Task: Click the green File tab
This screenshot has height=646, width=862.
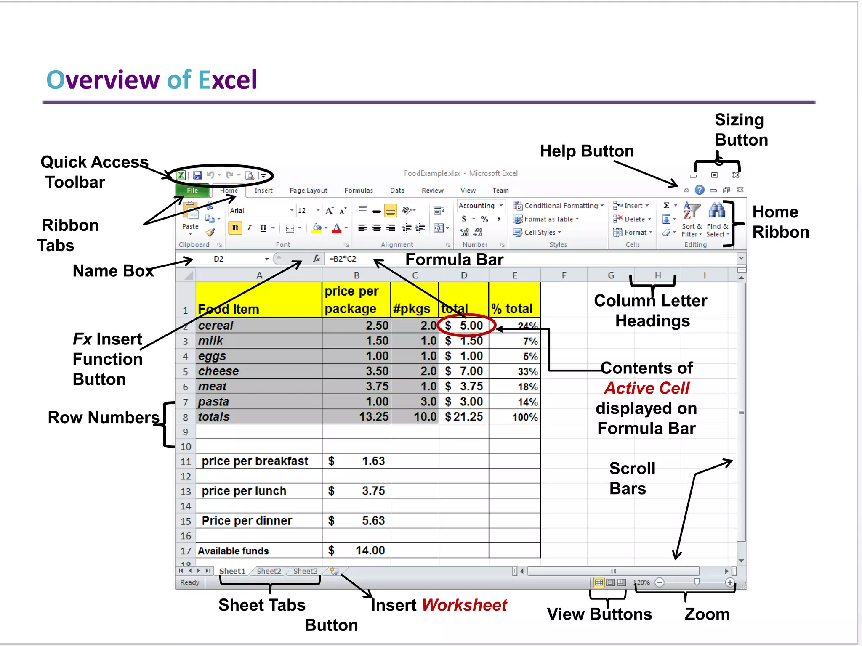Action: [x=192, y=191]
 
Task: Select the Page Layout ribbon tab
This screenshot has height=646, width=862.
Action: [x=308, y=191]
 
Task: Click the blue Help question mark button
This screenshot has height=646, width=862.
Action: [x=700, y=190]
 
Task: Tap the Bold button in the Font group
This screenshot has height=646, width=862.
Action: [x=235, y=228]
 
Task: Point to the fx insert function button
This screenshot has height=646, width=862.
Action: [x=317, y=259]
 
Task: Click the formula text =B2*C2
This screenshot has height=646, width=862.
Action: [x=343, y=259]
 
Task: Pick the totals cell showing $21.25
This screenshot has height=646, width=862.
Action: [x=464, y=417]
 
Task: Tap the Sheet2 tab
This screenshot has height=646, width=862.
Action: [x=269, y=571]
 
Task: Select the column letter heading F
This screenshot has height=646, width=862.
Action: [x=564, y=275]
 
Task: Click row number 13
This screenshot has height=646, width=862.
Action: [x=186, y=491]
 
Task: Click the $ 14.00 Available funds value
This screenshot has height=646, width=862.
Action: [x=357, y=551]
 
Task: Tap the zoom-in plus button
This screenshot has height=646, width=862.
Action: [x=730, y=582]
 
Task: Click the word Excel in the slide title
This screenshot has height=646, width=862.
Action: [x=227, y=80]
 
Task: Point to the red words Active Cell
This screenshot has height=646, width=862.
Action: [x=646, y=388]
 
